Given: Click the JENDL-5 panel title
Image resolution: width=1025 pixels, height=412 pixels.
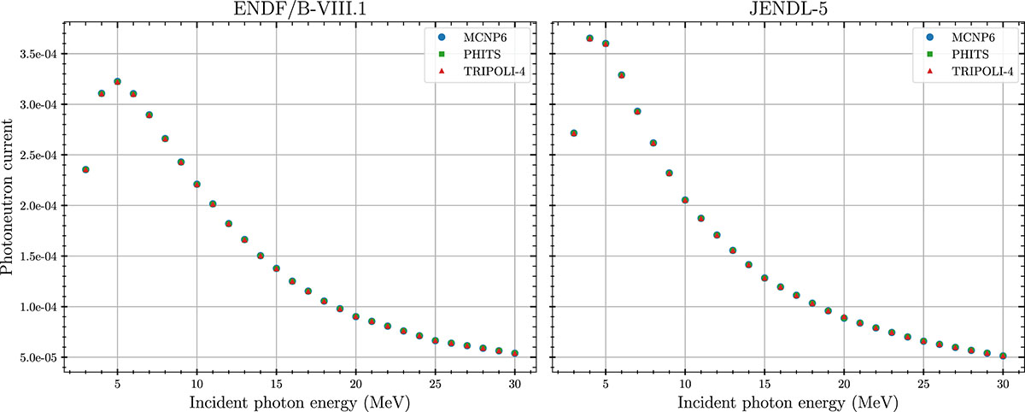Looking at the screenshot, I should pyautogui.click(x=788, y=9).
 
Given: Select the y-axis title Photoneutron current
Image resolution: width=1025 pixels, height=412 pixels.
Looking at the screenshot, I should pyautogui.click(x=9, y=196).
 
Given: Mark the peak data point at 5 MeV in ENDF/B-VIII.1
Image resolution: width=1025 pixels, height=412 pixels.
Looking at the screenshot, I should pyautogui.click(x=117, y=82).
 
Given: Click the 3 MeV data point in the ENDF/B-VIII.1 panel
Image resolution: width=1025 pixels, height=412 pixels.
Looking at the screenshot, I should pyautogui.click(x=85, y=169).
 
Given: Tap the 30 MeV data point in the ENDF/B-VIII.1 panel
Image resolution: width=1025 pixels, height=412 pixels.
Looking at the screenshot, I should pyautogui.click(x=514, y=353).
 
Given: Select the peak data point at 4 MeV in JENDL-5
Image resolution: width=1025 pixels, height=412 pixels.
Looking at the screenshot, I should pyautogui.click(x=589, y=38).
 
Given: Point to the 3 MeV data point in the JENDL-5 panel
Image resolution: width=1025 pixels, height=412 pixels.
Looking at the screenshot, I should pyautogui.click(x=573, y=133).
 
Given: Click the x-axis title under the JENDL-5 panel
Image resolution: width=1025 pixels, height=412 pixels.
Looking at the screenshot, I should pyautogui.click(x=788, y=400).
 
